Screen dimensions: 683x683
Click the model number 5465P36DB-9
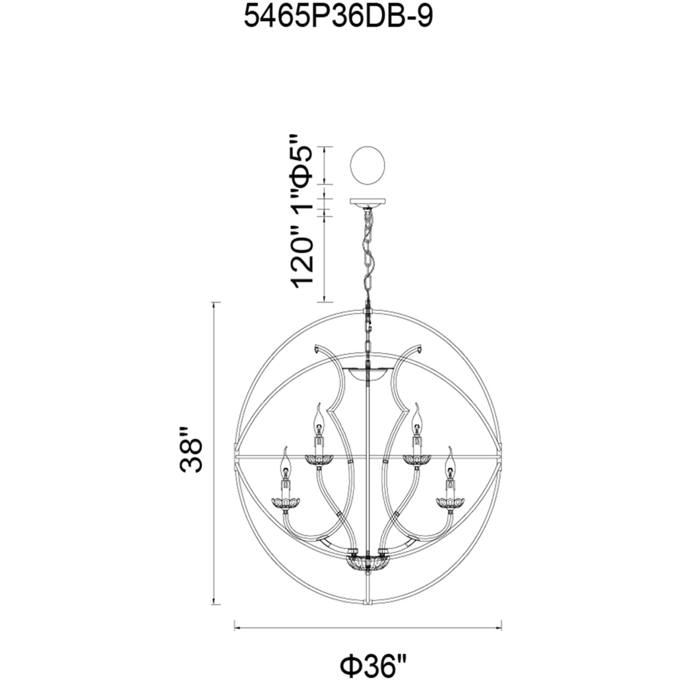tap(338, 17)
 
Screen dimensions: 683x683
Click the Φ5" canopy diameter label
tap(301, 161)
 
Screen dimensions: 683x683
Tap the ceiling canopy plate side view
tap(368, 203)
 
